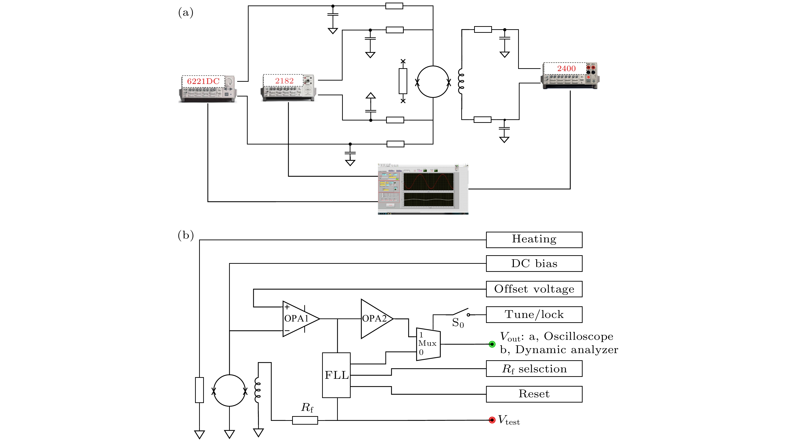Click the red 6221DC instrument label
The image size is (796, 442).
pyautogui.click(x=203, y=81)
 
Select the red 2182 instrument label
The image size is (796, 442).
pyautogui.click(x=284, y=81)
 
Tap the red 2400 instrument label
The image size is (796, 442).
pyautogui.click(x=566, y=68)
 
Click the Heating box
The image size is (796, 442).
pyautogui.click(x=534, y=240)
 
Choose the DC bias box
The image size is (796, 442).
pyautogui.click(x=534, y=263)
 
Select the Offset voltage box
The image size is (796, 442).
pyautogui.click(x=534, y=289)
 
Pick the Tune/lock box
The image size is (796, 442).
pyautogui.click(x=534, y=315)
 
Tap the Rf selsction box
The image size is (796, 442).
pyautogui.click(x=534, y=369)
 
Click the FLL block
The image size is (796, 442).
pyautogui.click(x=336, y=375)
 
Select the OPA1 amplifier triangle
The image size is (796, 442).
pyautogui.click(x=298, y=318)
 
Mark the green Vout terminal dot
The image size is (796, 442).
pyautogui.click(x=492, y=344)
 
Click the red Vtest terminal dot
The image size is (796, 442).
pyautogui.click(x=492, y=420)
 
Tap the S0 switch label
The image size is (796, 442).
pyautogui.click(x=458, y=323)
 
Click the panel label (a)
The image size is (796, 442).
pyautogui.click(x=186, y=13)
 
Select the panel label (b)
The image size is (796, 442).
pyautogui.click(x=186, y=235)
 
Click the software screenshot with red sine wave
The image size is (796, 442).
pyautogui.click(x=423, y=189)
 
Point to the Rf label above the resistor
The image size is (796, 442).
pyautogui.click(x=307, y=408)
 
